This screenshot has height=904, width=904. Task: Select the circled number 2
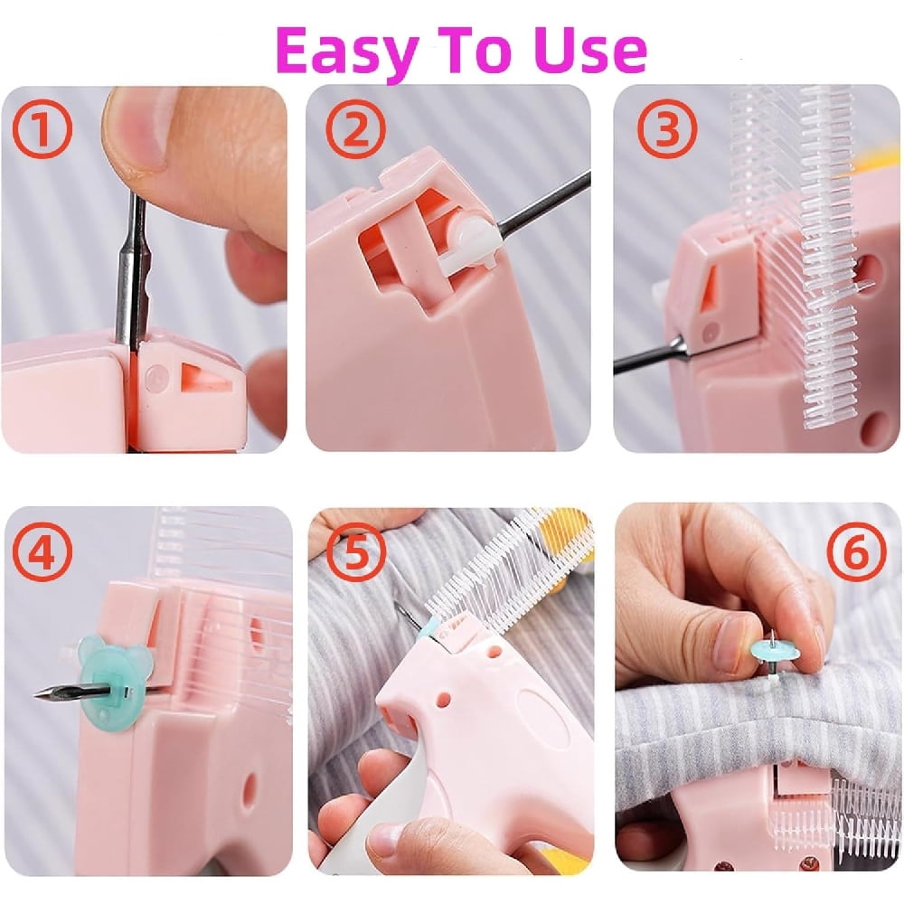pos(356,129)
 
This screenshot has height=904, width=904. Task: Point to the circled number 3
pos(667,129)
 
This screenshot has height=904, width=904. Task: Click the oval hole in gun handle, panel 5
pos(535,713)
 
